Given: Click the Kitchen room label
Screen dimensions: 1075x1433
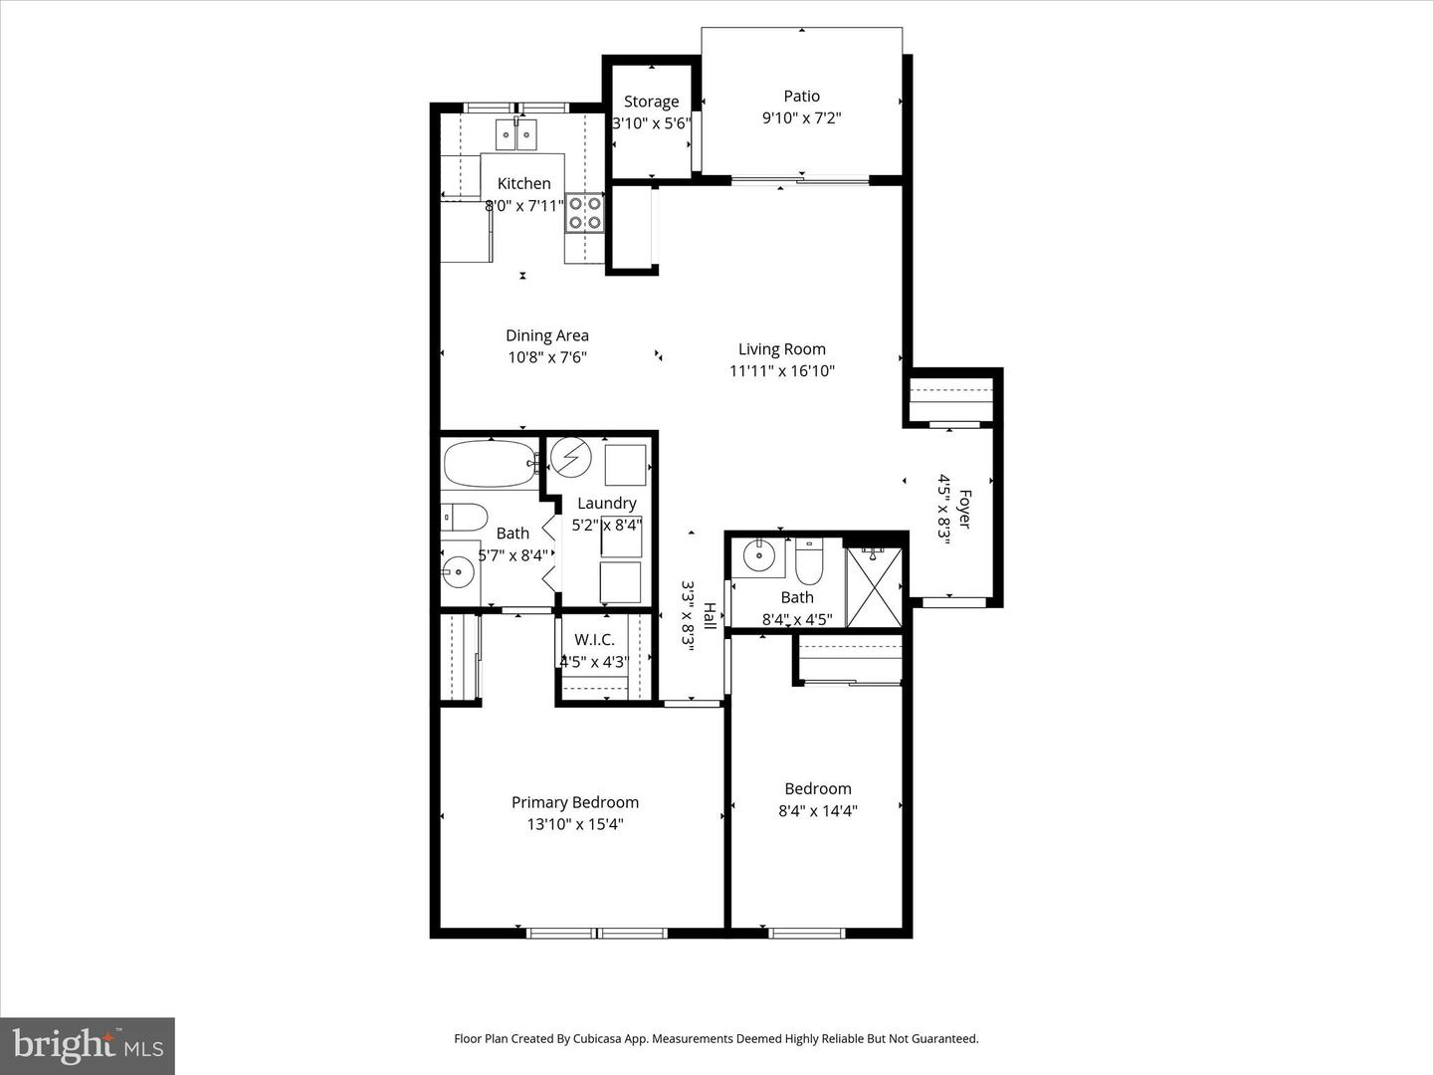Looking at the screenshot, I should pos(523,183).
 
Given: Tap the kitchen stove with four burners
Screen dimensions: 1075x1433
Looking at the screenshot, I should pos(584,212).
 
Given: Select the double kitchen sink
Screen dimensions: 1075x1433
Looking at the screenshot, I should pos(516,133).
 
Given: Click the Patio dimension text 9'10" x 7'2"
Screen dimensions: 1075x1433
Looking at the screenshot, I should pos(801,118).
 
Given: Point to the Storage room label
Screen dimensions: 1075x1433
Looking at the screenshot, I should pos(651,102).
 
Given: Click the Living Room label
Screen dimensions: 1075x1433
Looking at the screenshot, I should pos(781,349).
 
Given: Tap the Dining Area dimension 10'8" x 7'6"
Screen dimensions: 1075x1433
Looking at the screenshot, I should pos(547,357).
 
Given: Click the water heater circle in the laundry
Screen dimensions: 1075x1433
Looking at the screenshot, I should pos(571,457).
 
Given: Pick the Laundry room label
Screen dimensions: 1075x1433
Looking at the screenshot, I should pos(606,504).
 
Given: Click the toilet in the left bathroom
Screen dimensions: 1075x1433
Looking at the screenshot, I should pos(465,518).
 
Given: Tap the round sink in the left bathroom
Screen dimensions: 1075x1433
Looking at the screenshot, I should pos(459,571).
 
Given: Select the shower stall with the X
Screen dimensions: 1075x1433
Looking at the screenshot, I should pos(874,587).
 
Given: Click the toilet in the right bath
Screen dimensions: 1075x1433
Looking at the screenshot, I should pos(808,562).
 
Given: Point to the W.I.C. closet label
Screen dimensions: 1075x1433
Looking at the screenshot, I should pos(594,640).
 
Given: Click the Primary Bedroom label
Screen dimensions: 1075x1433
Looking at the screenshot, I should pos(575,802).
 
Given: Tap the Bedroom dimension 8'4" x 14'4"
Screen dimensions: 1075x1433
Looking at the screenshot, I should pos(817,811).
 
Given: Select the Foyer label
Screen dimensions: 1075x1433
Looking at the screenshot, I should pos(963,509).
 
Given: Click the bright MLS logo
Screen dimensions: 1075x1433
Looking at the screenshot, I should pos(88,1045).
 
